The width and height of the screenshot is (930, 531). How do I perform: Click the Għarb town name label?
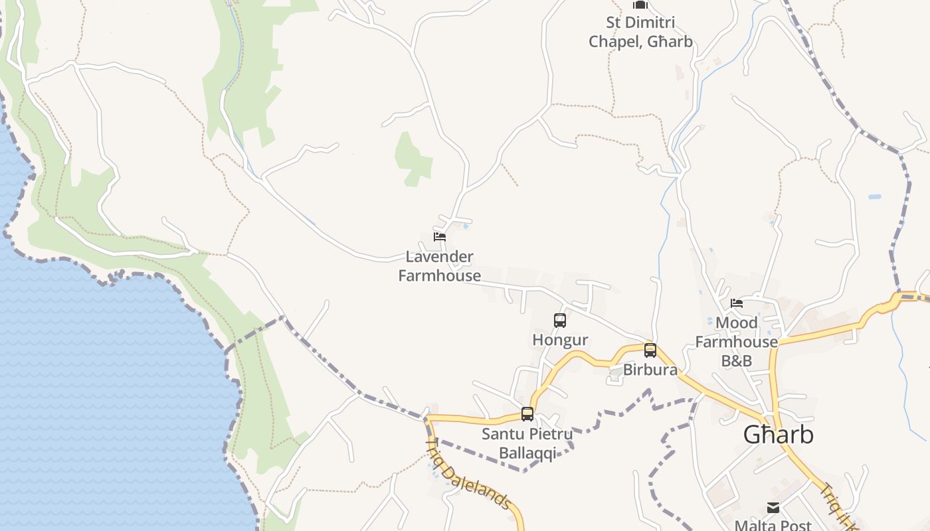[x=778, y=435]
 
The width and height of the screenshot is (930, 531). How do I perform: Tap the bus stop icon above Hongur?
[x=560, y=321]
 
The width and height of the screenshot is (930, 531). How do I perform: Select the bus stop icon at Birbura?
[x=650, y=350]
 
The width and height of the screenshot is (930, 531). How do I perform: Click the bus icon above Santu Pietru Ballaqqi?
[x=527, y=414]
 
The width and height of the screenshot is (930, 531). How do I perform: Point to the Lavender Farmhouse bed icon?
[x=439, y=237]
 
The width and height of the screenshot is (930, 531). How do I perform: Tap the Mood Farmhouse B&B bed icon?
[x=737, y=303]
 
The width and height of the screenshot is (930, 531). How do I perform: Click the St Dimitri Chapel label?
[x=640, y=32]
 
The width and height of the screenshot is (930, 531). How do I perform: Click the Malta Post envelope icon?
[x=773, y=508]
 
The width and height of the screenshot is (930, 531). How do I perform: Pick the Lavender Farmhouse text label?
[x=440, y=266]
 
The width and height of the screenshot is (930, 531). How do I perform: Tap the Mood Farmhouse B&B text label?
[x=736, y=342]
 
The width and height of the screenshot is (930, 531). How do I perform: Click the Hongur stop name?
[x=560, y=340]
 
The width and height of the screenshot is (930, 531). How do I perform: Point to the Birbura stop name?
[x=650, y=370]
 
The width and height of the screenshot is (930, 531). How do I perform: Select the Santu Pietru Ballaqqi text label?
[x=527, y=444]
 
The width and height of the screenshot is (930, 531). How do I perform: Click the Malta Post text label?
[x=773, y=525]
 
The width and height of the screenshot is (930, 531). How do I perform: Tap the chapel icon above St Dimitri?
[x=640, y=5]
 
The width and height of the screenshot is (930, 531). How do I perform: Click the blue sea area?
[x=100, y=398]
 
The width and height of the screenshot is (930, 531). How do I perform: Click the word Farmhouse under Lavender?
[x=440, y=275]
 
